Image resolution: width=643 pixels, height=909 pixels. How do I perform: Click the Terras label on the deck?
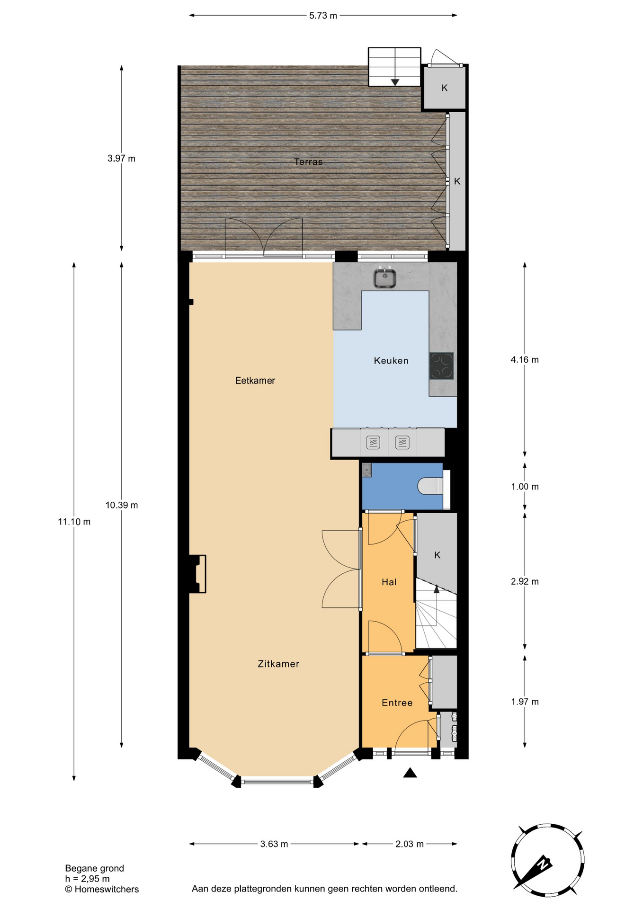point(308,162)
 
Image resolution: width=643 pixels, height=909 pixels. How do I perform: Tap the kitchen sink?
point(385,278)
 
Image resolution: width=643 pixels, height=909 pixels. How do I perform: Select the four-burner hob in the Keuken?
point(442,366)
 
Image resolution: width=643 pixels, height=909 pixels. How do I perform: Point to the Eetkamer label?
point(255,381)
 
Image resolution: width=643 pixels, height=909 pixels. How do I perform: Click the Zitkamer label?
point(278,664)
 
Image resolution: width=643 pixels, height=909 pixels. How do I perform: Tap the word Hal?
point(389,582)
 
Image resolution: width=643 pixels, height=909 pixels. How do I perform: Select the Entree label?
point(397,703)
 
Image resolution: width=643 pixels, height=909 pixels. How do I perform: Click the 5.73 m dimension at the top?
point(323,16)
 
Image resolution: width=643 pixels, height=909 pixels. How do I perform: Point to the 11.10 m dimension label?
point(74,522)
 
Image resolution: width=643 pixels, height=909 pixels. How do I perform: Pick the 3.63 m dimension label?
point(274,844)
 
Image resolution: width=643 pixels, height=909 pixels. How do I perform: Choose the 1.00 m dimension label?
point(525,487)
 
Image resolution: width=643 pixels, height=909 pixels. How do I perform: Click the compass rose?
point(548,860)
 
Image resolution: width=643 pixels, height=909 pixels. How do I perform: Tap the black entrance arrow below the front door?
point(410,773)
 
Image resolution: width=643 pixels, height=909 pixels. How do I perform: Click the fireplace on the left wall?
point(198,574)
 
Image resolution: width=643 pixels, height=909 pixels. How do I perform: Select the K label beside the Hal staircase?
point(438,555)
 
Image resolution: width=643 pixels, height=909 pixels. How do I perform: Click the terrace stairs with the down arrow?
point(394,67)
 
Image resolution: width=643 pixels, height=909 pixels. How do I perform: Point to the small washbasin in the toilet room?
point(367,470)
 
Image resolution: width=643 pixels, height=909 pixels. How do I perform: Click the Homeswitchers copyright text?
point(102,889)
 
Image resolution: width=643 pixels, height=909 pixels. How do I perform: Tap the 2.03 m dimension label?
point(410,844)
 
